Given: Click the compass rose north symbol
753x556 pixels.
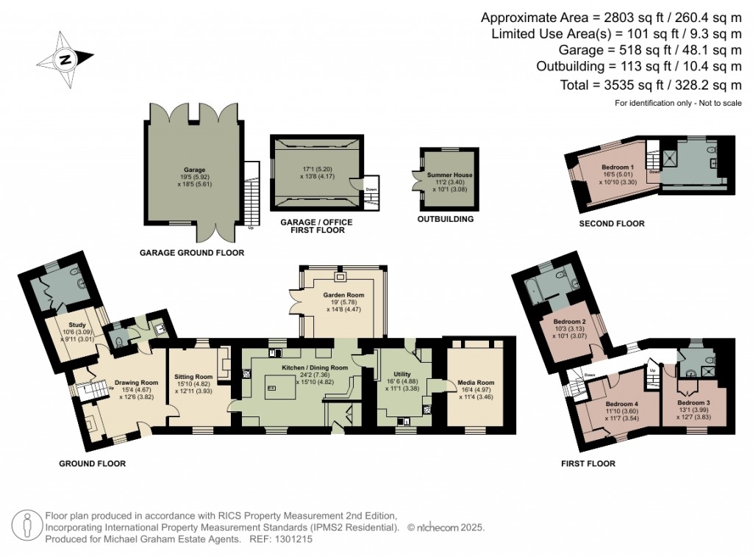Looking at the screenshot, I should coord(65,59).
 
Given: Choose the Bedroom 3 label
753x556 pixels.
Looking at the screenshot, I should coord(693,403).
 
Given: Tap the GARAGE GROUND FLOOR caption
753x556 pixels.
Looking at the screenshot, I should coord(191,253).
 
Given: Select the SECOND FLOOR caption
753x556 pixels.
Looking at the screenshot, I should coord(612,223).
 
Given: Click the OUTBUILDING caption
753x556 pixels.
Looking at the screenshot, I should coord(445,219).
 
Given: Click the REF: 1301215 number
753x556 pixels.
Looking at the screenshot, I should coord(293,539).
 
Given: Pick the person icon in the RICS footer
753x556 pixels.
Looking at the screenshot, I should coord(27,527).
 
